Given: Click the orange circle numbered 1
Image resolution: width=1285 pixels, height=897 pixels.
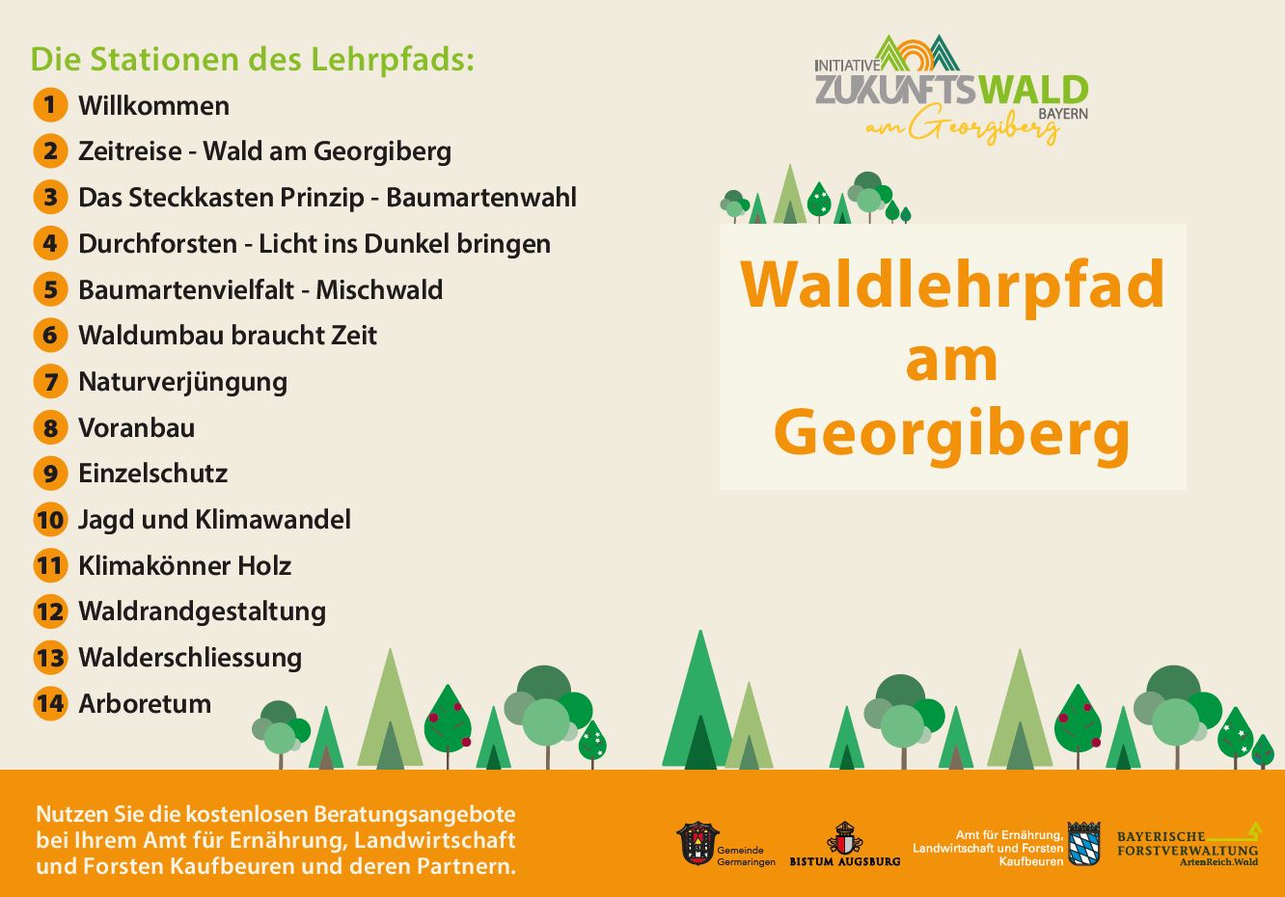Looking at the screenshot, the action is click(x=50, y=105).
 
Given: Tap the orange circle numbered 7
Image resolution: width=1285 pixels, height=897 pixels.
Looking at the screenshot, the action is click(x=50, y=381).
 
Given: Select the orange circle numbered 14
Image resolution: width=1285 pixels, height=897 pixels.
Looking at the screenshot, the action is click(x=50, y=703).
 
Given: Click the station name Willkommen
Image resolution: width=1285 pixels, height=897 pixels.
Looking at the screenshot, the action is click(x=153, y=106).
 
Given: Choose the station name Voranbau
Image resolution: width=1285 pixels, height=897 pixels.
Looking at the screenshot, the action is click(x=137, y=428).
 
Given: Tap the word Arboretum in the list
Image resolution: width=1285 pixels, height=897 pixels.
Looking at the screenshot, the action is click(x=145, y=704).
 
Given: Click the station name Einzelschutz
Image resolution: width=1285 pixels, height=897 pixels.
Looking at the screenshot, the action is click(x=153, y=474).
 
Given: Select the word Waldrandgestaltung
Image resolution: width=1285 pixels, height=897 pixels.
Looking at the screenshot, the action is click(x=202, y=612).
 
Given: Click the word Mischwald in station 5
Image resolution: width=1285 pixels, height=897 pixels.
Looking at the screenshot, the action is click(x=379, y=290).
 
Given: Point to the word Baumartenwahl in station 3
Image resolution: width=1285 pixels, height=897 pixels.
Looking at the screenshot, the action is click(x=481, y=198).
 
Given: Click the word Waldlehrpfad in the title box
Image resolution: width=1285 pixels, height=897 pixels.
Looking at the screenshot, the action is click(x=952, y=286).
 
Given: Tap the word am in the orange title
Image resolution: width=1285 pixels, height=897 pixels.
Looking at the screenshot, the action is click(x=952, y=362).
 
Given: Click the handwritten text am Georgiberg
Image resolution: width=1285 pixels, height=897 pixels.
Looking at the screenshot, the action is click(x=963, y=126).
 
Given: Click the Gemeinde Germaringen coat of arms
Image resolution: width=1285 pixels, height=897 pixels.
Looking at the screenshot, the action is click(x=697, y=843).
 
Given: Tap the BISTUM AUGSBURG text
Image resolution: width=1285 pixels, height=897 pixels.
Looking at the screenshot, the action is click(x=845, y=861).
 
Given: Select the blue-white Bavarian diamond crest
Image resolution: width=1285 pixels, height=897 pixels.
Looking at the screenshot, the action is click(x=1083, y=844).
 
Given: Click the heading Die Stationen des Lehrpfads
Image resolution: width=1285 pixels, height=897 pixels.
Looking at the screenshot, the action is click(x=253, y=60).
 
